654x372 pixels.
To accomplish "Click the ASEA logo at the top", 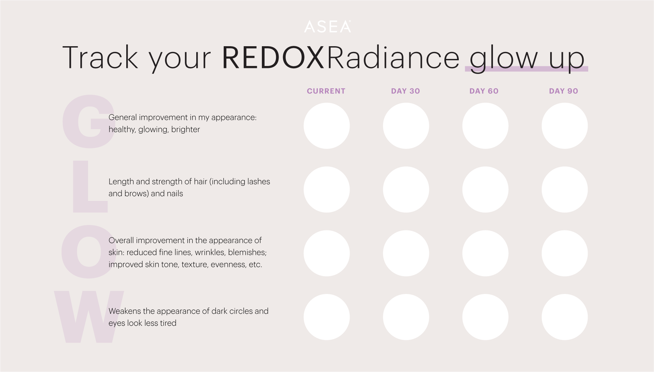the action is [328, 26].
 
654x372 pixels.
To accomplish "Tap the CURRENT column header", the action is [326, 91].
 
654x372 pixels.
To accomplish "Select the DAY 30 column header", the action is [406, 91].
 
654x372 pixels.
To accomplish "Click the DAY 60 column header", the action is [484, 91].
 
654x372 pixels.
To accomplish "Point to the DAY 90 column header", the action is [564, 91].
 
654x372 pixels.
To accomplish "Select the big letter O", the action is [88, 252].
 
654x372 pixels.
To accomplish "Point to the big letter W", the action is [89, 317].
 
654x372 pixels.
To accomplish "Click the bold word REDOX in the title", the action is [273, 58].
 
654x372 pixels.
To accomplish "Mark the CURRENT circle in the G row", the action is [327, 126].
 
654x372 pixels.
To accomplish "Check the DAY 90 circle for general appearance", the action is [565, 126].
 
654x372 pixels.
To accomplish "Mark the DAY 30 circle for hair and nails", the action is [406, 190].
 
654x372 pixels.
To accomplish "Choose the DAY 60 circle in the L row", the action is [485, 190].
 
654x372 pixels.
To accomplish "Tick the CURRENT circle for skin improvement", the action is [327, 253].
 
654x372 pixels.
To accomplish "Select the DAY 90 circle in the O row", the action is [565, 253].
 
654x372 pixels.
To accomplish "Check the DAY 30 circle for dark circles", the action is [406, 317].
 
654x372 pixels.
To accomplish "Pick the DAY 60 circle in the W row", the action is [485, 317].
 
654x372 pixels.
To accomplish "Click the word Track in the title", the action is [100, 58].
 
